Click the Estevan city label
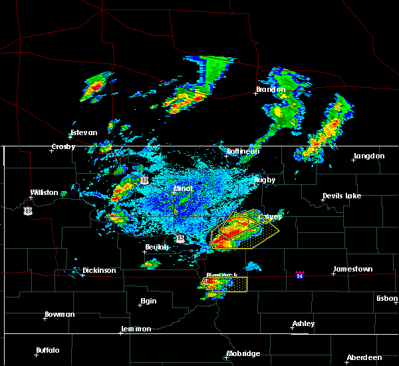tap(84, 132)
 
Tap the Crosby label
tap(64, 147)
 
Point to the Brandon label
tap(271, 89)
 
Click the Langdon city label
tap(369, 156)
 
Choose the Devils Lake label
tap(342, 196)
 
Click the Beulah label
tap(157, 247)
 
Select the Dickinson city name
tap(99, 271)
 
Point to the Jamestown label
tap(352, 270)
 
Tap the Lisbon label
tap(387, 298)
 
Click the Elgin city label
tap(148, 301)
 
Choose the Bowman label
tap(60, 314)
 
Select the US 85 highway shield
tap(27, 210)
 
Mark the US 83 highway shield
tap(180, 238)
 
